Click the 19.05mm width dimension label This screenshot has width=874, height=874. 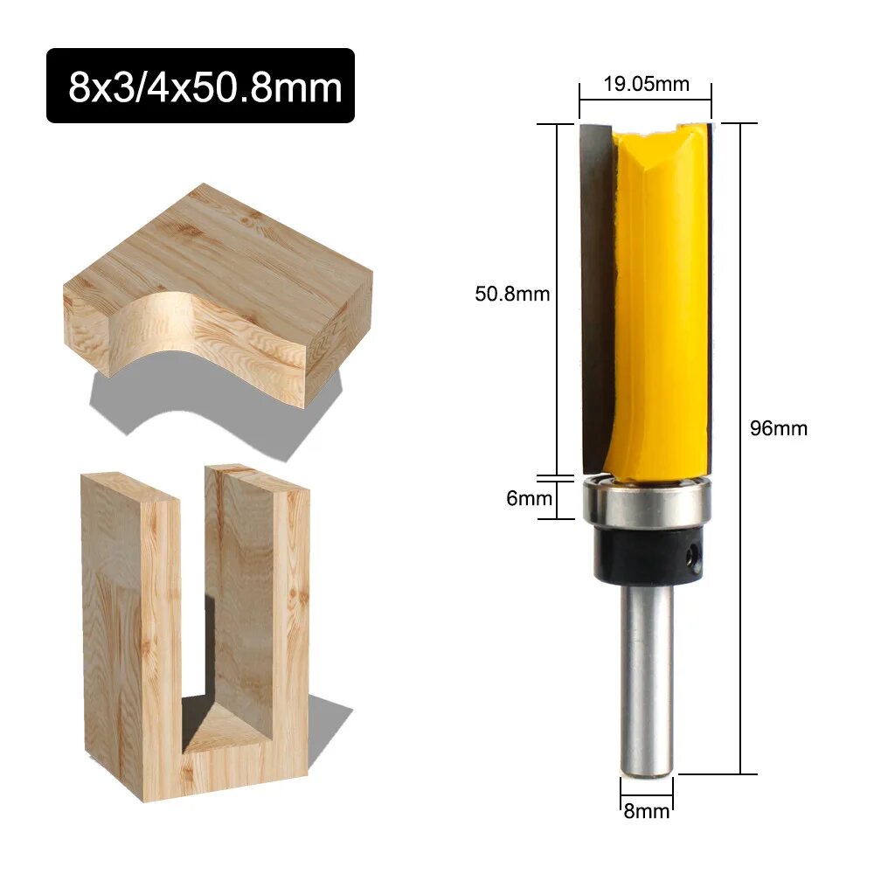coord(645,84)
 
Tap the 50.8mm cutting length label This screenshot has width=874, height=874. coord(512,294)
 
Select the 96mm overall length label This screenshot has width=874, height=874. coord(779,428)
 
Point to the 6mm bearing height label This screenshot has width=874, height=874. coord(530,498)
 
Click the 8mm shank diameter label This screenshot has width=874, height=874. coord(647,810)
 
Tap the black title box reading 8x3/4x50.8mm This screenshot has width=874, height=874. coord(200,86)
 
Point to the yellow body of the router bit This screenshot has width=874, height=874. coord(660,297)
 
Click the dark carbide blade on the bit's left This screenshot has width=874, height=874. coord(596,288)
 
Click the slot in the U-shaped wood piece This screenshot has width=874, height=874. coord(194,612)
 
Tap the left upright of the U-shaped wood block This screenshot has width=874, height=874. coord(131,629)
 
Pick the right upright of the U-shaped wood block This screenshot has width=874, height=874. coord(262,612)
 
